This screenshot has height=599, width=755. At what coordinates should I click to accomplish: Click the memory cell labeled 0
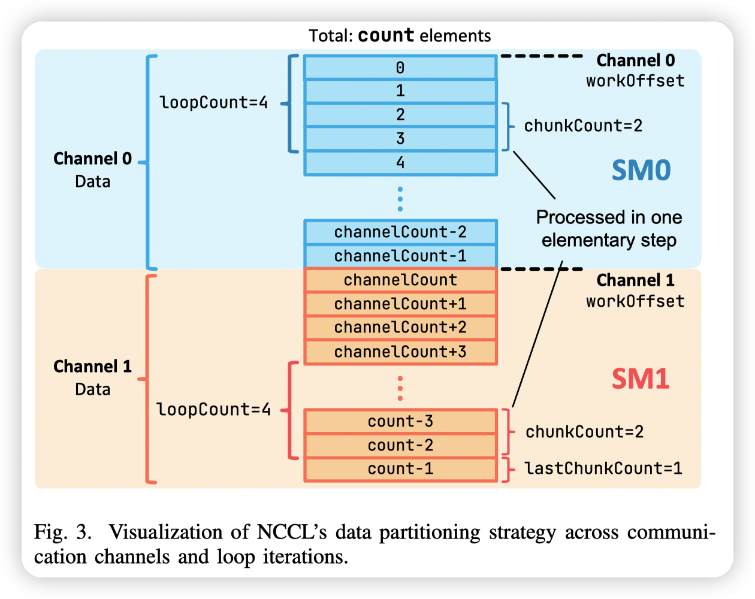400,68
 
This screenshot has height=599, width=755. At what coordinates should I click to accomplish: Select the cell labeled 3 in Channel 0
400,139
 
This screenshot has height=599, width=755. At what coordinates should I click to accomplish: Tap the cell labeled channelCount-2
400,232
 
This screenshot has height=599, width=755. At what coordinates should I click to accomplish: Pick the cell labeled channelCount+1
400,304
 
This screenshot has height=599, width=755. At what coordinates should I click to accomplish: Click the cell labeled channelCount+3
400,352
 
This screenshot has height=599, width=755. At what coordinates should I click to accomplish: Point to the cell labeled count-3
400,422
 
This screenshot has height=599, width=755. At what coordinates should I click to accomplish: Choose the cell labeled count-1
400,469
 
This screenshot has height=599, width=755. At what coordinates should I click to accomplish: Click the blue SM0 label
641,171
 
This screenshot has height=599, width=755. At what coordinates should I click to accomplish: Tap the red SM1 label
640,379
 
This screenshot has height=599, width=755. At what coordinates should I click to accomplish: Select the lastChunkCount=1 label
603,468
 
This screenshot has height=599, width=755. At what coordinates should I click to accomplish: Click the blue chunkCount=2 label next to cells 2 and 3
583,126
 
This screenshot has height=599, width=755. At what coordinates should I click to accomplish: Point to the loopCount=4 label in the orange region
213,410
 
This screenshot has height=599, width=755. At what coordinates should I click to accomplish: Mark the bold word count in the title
386,36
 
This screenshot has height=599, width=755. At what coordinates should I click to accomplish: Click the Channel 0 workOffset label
635,71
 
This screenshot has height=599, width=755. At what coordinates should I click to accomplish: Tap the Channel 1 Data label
92,377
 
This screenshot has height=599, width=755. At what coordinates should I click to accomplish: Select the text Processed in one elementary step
609,229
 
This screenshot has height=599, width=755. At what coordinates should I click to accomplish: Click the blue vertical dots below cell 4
400,198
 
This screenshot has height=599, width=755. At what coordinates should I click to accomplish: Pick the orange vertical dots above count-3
400,388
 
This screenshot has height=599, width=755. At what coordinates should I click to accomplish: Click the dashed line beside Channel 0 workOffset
542,56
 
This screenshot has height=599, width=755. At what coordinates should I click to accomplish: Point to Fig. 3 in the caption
62,532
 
